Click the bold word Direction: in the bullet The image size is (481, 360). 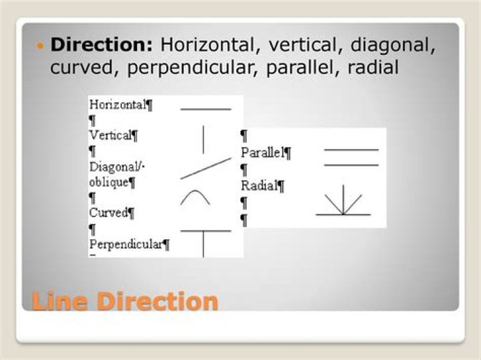coord(102,45)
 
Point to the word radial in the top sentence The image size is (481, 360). coord(373,67)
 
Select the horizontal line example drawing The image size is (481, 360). coord(206,109)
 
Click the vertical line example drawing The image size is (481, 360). coord(203,140)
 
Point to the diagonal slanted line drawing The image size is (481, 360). coord(206,168)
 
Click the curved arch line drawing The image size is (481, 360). coord(195,191)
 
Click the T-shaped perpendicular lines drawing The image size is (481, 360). coord(204,232)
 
